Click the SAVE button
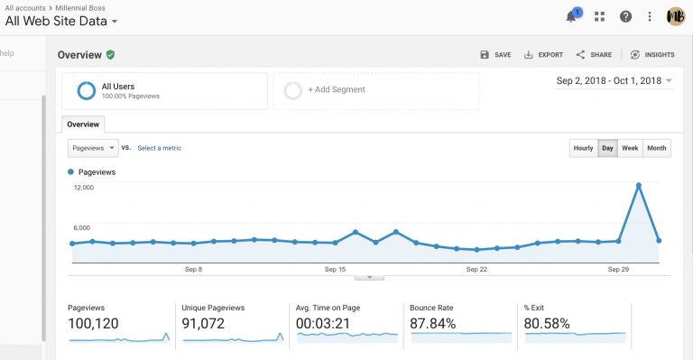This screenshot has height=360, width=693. click(x=495, y=55)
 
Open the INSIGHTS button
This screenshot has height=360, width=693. click(x=652, y=55)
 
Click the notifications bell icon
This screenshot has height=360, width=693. click(x=571, y=16)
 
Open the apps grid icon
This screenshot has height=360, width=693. click(x=599, y=16)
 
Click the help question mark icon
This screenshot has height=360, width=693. click(x=625, y=16)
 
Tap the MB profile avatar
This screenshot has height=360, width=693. click(x=676, y=16)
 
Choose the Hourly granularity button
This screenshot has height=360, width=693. click(x=583, y=148)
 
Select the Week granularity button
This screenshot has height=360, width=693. click(x=630, y=148)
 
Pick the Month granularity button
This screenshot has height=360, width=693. click(x=656, y=148)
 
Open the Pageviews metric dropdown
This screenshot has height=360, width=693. click(x=93, y=147)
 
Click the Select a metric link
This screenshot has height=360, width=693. click(x=160, y=147)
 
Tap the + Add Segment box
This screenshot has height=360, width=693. click(x=376, y=90)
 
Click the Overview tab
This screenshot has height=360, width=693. click(x=84, y=124)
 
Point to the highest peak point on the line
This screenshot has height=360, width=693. click(x=639, y=185)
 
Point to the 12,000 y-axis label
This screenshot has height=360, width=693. click(x=83, y=188)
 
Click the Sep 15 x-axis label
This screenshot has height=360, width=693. click(x=336, y=269)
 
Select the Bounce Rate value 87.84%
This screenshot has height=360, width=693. click(x=431, y=323)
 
